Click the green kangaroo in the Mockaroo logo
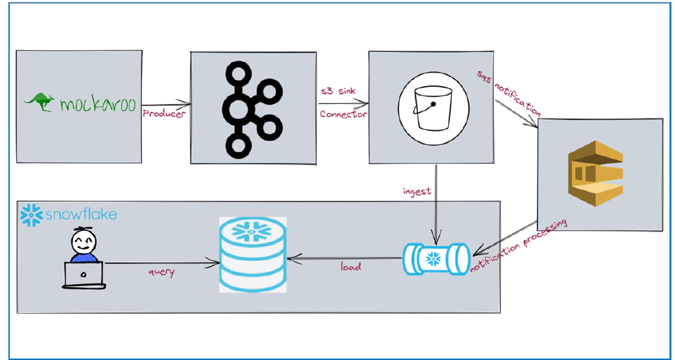(40, 101)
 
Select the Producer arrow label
(164, 114)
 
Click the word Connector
(343, 114)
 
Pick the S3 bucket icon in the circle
(433, 108)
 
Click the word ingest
(417, 191)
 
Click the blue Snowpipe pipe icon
(436, 258)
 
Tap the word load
(351, 267)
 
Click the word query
(161, 271)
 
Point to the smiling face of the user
(83, 242)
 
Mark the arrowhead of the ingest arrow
(435, 240)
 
